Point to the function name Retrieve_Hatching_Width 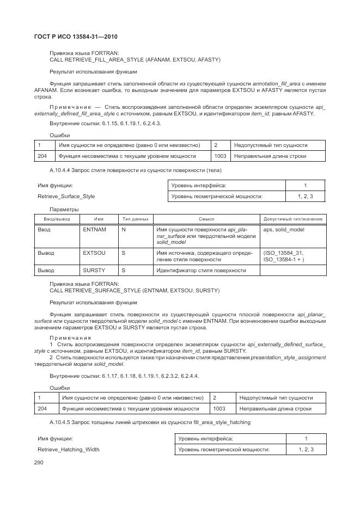[68, 450]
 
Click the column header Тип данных [135, 219]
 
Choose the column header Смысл [206, 219]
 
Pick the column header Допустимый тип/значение [293, 219]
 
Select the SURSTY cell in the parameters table [94, 270]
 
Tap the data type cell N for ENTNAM [124, 230]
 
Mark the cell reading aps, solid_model [284, 230]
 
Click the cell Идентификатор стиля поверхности [200, 270]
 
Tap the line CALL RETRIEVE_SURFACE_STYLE [135, 291]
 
